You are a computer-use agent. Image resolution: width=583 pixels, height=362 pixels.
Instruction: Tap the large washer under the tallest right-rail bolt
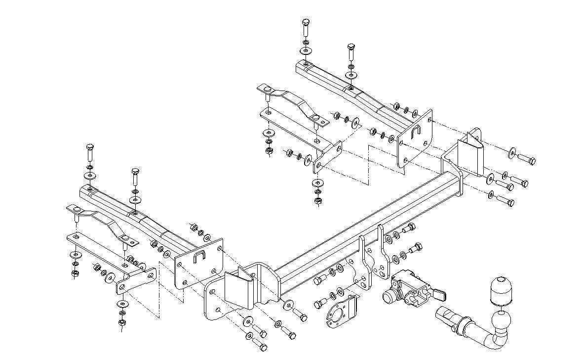pyautogui.click(x=306, y=51)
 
